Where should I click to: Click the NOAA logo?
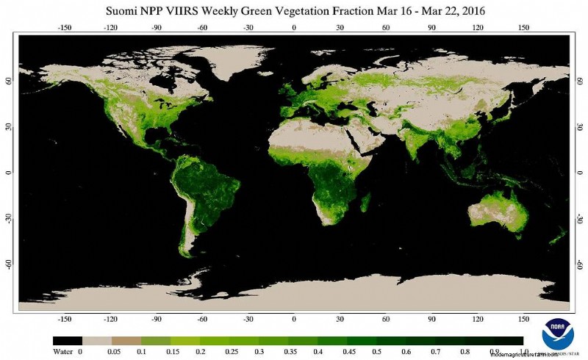(x=557, y=334)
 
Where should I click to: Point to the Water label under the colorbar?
(x=63, y=352)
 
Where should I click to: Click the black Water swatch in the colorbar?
(x=67, y=341)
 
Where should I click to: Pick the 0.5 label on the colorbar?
(x=376, y=352)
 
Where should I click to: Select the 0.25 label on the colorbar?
(x=229, y=352)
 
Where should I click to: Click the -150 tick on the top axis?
(x=65, y=27)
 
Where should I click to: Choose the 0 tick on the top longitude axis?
(x=294, y=27)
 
